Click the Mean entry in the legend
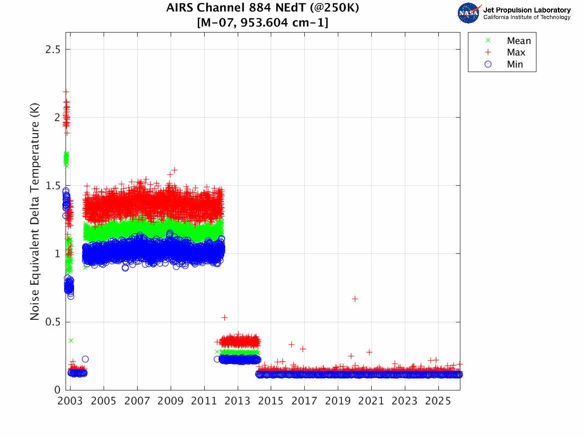tap(518, 41)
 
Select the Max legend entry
tap(516, 53)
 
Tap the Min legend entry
tap(515, 64)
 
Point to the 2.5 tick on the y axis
tap(54, 50)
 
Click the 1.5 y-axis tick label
tap(54, 186)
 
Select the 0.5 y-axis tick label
tap(54, 322)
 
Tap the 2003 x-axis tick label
tap(70, 401)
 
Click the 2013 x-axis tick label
tap(238, 401)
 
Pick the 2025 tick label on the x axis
tap(438, 401)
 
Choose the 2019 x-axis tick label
tap(338, 401)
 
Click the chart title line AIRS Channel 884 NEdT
tap(263, 8)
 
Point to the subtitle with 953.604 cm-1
tap(263, 23)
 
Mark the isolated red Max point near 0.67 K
tap(355, 299)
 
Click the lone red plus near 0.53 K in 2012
tap(225, 317)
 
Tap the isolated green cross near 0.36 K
tap(71, 340)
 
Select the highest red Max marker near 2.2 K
tap(66, 92)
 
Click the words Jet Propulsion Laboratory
tap(526, 10)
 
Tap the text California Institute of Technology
tap(526, 18)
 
